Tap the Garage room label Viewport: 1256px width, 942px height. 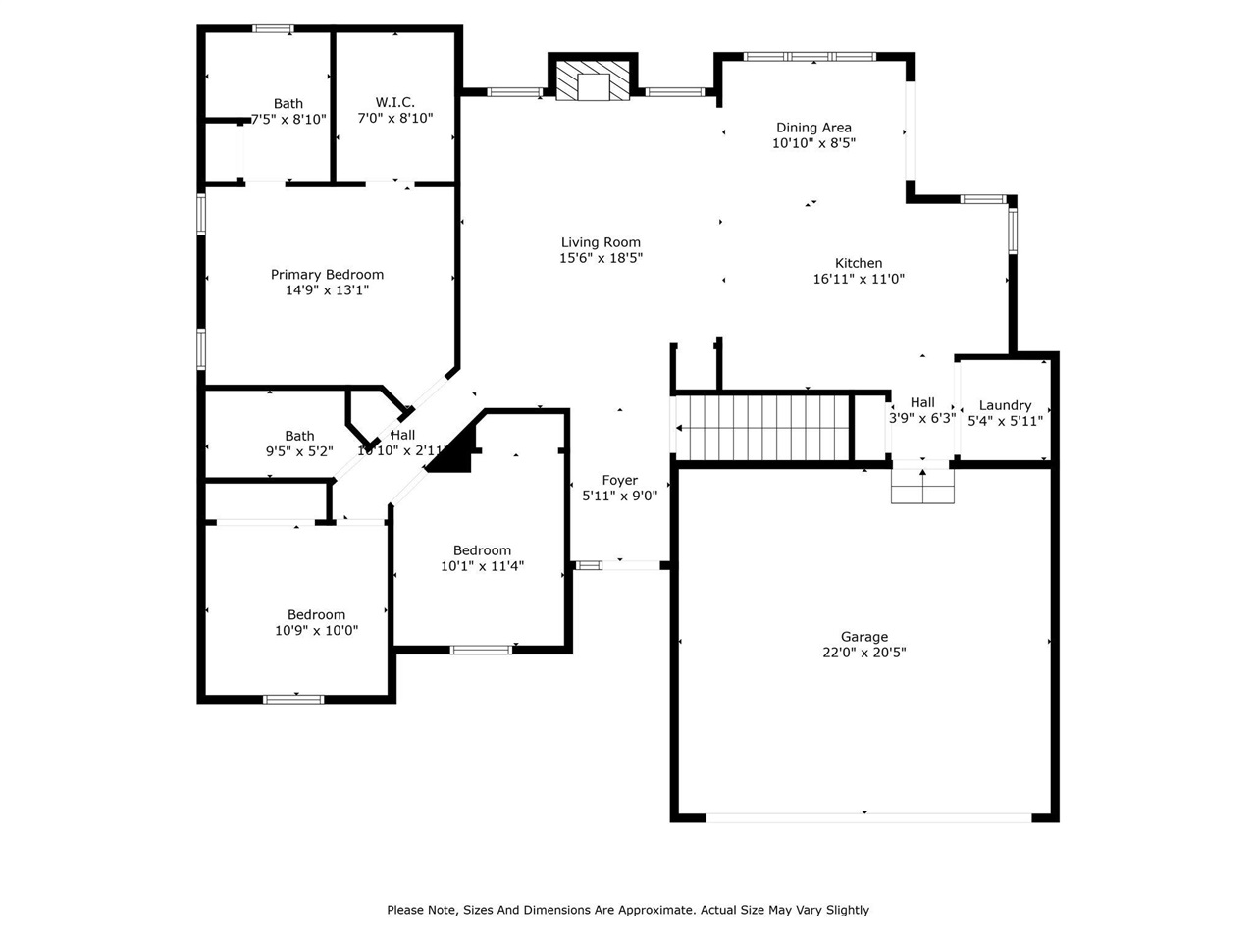(864, 637)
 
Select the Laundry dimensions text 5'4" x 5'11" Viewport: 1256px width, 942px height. (1005, 421)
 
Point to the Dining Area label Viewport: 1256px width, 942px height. (813, 128)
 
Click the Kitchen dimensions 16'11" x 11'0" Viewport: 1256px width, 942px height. (859, 279)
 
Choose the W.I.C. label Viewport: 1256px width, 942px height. (394, 102)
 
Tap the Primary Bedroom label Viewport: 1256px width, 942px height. (327, 275)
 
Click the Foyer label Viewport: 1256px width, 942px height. (620, 481)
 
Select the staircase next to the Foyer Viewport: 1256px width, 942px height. (761, 427)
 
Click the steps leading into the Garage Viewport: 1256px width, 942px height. (922, 486)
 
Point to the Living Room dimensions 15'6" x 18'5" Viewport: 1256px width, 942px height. (601, 258)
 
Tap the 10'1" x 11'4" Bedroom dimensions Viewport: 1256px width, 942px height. (483, 565)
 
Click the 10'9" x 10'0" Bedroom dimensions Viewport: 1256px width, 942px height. (316, 630)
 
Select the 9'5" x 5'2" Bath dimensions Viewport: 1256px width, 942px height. (299, 451)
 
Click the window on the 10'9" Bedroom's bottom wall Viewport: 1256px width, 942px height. (293, 699)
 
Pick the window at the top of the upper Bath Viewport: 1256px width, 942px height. (273, 28)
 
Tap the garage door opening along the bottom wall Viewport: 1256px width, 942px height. (868, 818)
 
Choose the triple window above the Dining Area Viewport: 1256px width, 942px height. (810, 57)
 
